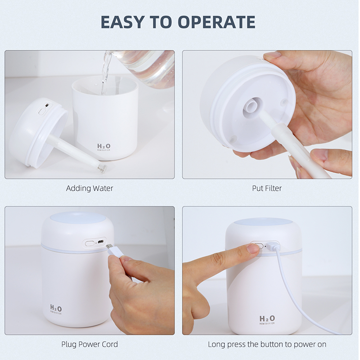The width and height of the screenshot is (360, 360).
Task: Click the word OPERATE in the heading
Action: coord(216,22)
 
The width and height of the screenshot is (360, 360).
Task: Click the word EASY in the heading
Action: coord(121,22)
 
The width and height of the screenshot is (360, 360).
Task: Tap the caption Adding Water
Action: coord(90,188)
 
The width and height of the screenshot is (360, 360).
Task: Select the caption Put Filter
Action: coord(267,188)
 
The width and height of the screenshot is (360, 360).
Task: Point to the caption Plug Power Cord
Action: coord(90,344)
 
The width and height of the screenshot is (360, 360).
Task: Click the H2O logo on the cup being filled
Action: coord(104,147)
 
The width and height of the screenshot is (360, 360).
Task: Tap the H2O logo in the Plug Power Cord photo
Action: coord(56,309)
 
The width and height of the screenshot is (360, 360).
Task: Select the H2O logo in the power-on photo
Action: coord(267,319)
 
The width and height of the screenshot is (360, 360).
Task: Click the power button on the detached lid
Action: coord(42,112)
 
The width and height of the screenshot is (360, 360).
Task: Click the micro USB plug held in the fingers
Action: coord(115,251)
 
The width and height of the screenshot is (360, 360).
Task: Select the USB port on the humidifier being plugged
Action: coord(100,242)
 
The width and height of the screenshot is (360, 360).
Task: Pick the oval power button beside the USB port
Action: coord(90,243)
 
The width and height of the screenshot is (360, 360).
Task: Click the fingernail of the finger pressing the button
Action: coord(254,248)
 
